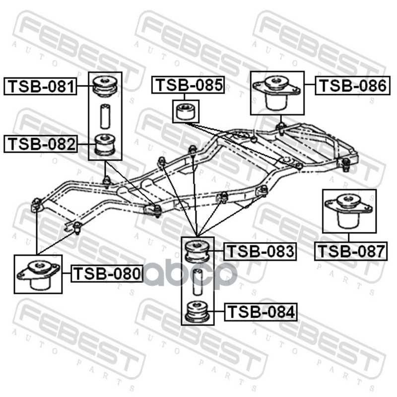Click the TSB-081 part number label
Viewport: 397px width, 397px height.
(41, 87)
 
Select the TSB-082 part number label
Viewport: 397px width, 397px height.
(41, 144)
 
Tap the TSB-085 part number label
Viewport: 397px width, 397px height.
(188, 85)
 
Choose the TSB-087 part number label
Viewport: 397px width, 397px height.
(351, 251)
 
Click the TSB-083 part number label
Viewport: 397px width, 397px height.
(260, 252)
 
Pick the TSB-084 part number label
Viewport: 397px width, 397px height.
(260, 312)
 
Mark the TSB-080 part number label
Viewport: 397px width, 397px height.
(107, 273)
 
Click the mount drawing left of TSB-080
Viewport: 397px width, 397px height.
(38, 274)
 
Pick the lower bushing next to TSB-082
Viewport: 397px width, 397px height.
(105, 144)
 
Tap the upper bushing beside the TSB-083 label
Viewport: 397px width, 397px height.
(197, 251)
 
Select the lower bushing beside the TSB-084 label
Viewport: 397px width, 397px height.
(197, 311)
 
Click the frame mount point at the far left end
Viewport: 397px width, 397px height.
(36, 203)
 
